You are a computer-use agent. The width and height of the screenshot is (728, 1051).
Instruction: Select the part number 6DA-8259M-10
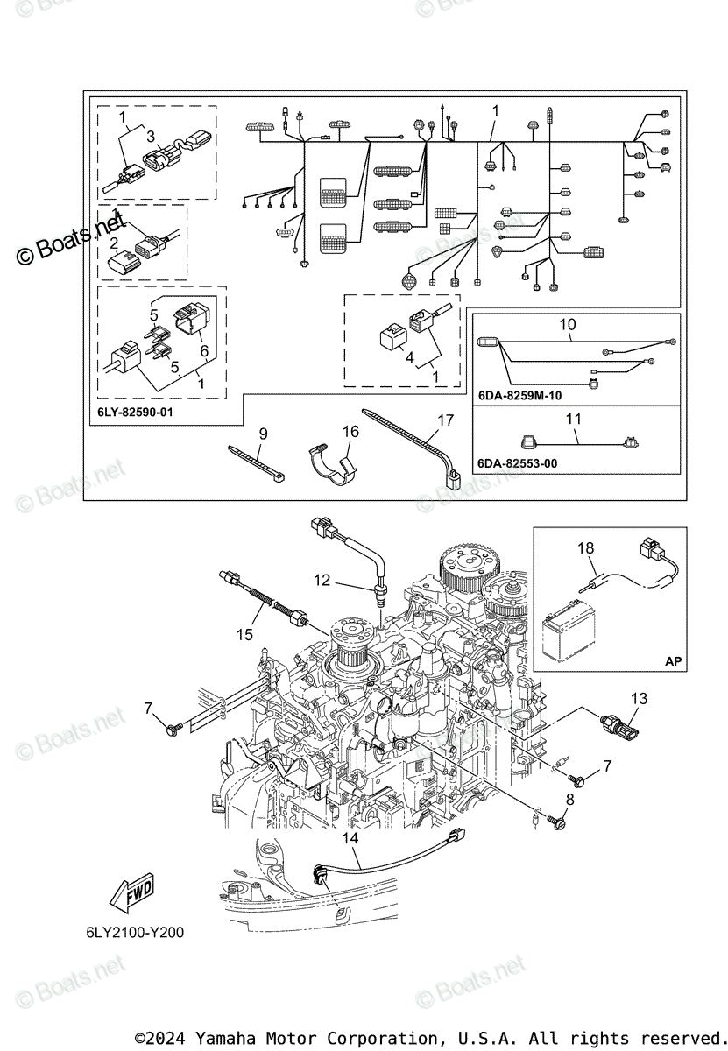point(519,396)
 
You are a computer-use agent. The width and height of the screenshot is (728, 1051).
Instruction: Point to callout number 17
point(446,420)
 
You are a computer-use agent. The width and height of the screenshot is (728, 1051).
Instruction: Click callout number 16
point(350,431)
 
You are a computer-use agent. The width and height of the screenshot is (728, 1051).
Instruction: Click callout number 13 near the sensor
point(640,698)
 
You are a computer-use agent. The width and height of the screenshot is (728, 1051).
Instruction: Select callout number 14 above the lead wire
point(350,838)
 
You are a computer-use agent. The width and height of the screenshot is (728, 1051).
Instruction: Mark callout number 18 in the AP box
point(585,549)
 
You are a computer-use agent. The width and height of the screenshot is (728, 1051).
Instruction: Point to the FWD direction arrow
point(132,895)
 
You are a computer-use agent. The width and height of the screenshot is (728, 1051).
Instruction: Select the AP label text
point(672,661)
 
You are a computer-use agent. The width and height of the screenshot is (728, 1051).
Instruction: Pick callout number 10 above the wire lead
point(568,325)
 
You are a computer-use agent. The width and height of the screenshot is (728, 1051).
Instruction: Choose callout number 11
point(573,419)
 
